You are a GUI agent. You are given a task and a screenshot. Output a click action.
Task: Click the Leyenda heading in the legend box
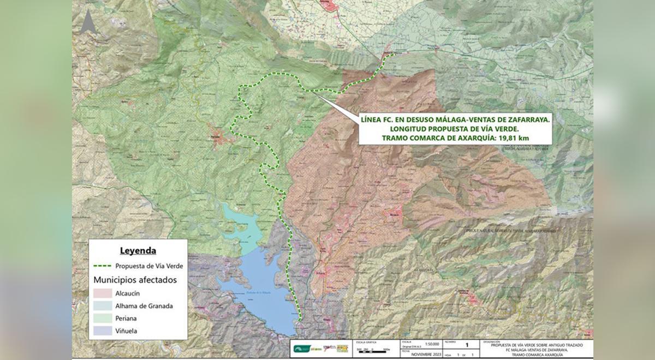coord(138,251)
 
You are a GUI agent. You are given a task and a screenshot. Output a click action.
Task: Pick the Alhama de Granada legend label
coord(144,306)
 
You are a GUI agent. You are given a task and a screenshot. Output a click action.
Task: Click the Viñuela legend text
coord(126,331)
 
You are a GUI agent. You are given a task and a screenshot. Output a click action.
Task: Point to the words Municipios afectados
coord(134,280)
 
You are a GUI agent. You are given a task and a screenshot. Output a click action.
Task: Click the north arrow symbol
coord(88,22)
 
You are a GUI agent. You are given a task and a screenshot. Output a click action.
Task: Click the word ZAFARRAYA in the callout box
coord(521,118)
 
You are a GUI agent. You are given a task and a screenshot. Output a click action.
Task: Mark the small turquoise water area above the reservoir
coord(240,224)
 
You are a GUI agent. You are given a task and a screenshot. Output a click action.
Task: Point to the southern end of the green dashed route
coord(300,320)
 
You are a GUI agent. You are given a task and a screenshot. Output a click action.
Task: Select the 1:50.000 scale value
coord(418,344)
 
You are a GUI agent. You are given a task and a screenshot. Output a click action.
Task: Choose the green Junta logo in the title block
coord(301,349)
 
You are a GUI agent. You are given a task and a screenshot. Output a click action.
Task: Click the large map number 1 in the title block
coord(466,345)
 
